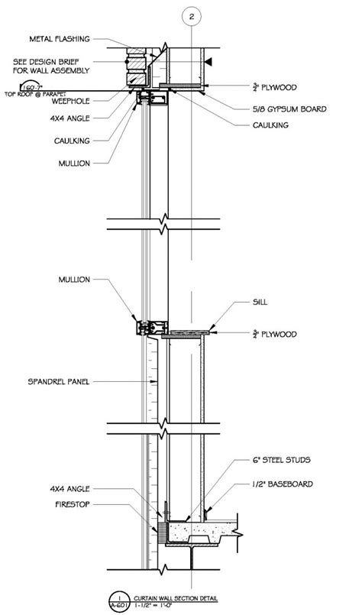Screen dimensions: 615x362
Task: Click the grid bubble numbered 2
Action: (192, 16)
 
